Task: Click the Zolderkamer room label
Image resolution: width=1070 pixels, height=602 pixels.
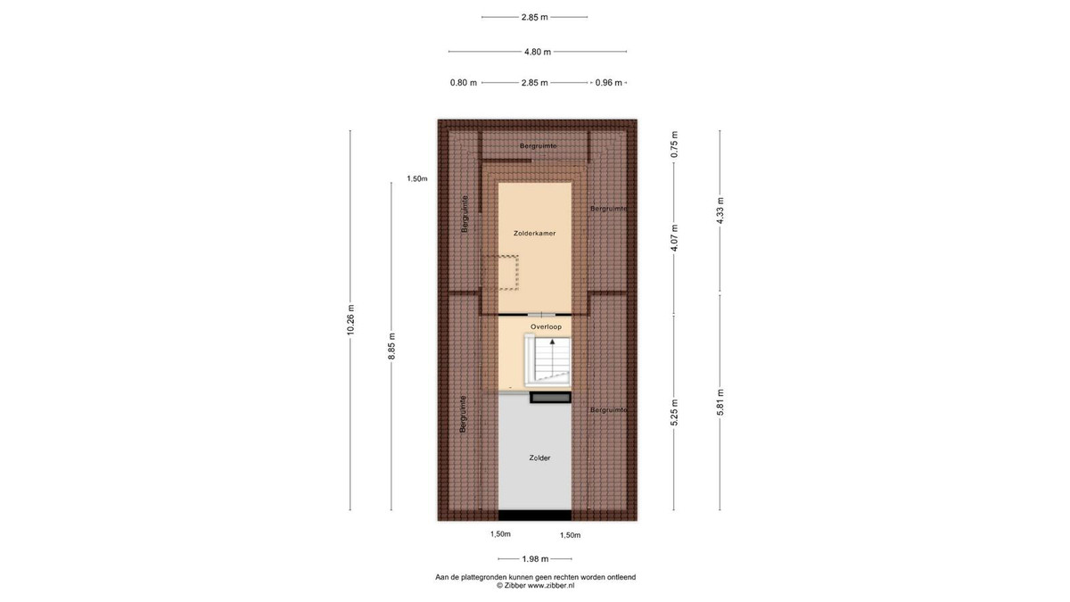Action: click(534, 234)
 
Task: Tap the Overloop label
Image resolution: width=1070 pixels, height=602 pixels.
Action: click(546, 326)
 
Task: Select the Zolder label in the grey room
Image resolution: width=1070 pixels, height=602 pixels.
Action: click(539, 458)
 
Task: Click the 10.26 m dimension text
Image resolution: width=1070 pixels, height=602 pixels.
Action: click(350, 319)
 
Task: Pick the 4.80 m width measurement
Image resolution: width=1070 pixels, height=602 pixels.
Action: click(538, 52)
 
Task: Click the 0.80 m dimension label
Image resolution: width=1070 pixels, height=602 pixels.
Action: click(464, 83)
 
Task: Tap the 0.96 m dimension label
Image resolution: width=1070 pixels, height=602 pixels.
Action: click(608, 83)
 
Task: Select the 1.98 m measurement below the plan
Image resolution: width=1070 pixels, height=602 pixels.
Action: click(535, 559)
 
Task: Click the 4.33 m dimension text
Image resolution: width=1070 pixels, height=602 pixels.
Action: click(720, 210)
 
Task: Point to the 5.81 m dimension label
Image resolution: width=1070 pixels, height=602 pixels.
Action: click(720, 402)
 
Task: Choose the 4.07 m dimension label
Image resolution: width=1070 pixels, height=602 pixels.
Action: click(674, 238)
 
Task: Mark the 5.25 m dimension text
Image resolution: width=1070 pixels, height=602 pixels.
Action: click(674, 412)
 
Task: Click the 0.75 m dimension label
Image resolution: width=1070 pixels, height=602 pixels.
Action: click(674, 144)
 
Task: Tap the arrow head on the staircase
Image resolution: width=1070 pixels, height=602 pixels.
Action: click(553, 342)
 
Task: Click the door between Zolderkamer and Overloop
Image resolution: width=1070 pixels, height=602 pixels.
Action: click(542, 314)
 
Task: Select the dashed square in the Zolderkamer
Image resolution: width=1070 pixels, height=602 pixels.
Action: click(499, 273)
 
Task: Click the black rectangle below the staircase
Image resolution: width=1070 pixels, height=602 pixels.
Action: click(550, 398)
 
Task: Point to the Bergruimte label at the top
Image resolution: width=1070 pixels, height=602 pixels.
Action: click(539, 145)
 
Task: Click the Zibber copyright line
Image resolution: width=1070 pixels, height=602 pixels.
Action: click(536, 585)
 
